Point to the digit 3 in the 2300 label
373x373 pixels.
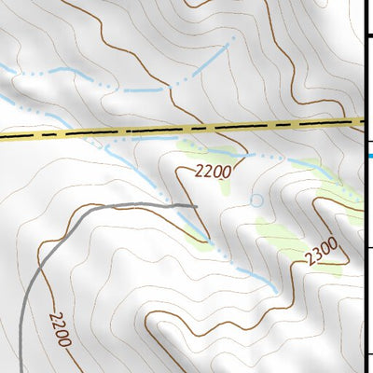tap(317, 254)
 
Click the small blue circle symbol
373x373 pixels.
tap(257, 200)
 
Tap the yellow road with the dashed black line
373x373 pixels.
tap(186, 129)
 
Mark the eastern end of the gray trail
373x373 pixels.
tap(198, 204)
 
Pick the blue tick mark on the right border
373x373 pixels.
tap(369, 155)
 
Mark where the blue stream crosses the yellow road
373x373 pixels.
tap(101, 132)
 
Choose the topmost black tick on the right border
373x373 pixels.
tap(369, 35)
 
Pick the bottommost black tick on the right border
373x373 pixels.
tap(369, 354)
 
